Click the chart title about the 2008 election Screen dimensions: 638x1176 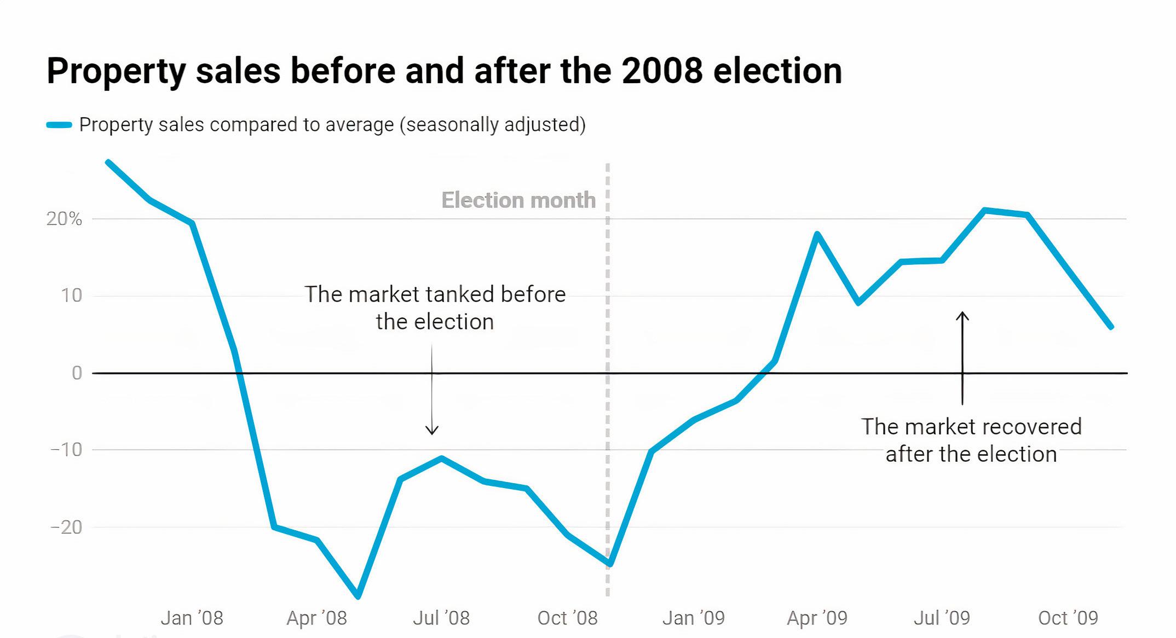coord(444,71)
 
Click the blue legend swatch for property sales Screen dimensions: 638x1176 coord(59,125)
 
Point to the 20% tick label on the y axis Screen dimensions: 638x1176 coord(64,219)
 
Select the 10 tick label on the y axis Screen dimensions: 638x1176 coord(71,296)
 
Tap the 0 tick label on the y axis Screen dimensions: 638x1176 coord(77,373)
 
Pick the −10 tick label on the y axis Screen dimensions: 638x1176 coord(66,450)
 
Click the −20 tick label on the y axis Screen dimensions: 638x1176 coord(66,527)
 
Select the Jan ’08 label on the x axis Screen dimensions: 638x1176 coord(192,618)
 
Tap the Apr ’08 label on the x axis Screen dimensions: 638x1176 coord(316,618)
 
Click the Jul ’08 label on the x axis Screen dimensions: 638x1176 coord(441,618)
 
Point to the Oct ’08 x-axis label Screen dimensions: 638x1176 coord(567,618)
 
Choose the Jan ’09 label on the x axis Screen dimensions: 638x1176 coord(693,618)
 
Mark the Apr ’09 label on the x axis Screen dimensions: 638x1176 coord(817,618)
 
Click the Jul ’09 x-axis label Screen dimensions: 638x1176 coord(942,618)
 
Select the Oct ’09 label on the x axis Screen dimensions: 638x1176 coord(1068,618)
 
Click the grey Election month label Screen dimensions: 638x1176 coord(518,200)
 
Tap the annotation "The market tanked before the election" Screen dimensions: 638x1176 coord(435,308)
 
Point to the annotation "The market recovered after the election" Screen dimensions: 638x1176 coord(971,440)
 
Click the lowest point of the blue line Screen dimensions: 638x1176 coord(358,596)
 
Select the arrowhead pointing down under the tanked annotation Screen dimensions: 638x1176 coord(432,431)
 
